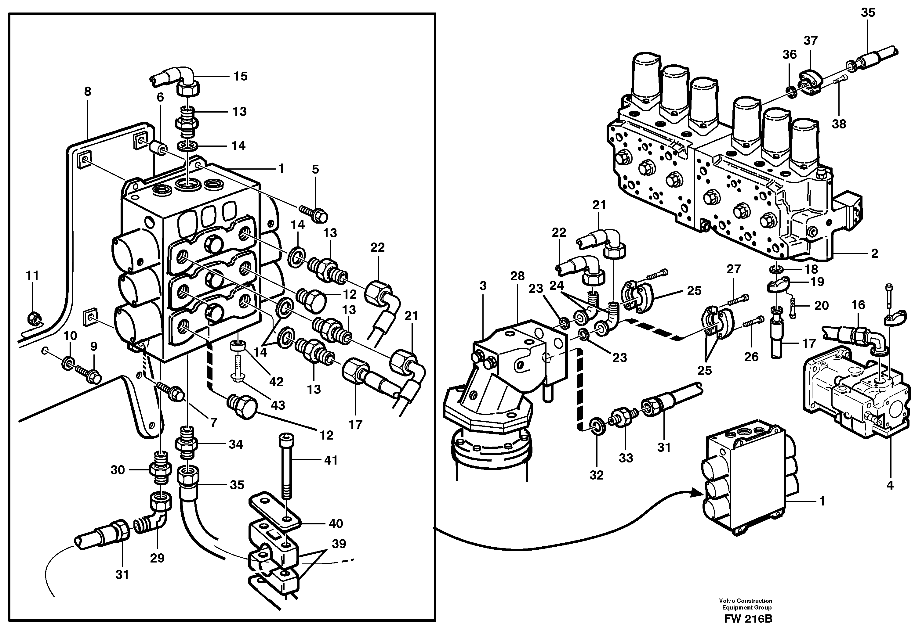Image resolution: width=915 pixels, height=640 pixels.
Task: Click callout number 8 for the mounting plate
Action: (x=88, y=92)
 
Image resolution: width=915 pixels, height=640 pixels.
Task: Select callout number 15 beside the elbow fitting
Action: (x=240, y=76)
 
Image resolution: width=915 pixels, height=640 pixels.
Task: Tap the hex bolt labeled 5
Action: (x=317, y=215)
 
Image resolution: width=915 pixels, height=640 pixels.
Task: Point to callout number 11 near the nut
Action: (x=32, y=275)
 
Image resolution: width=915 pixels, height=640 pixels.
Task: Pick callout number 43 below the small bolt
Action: (x=278, y=405)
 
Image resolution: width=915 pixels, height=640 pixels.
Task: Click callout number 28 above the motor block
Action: (x=517, y=276)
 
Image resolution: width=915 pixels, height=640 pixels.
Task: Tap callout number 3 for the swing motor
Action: (x=483, y=286)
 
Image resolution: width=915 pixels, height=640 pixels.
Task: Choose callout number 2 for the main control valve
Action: (x=874, y=253)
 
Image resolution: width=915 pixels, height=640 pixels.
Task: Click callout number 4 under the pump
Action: (x=890, y=485)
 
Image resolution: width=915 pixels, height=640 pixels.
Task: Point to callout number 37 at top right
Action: (x=811, y=40)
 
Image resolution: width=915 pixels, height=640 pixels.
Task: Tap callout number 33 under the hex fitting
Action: (x=626, y=458)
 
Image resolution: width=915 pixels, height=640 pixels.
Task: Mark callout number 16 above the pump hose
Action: (x=858, y=305)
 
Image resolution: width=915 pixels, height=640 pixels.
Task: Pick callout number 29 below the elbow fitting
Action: (x=157, y=558)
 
